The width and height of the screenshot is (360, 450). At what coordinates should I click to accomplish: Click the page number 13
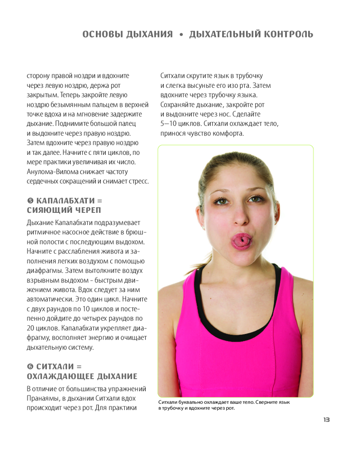(326, 420)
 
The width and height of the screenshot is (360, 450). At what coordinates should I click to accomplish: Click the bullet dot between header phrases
(181, 35)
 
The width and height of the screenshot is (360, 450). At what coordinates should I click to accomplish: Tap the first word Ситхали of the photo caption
(168, 402)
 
